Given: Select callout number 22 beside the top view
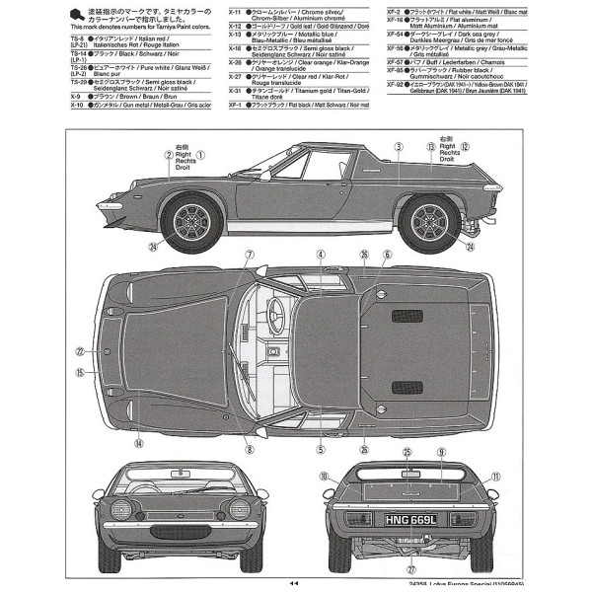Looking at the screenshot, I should pyautogui.click(x=80, y=350).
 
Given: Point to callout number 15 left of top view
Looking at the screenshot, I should pyautogui.click(x=80, y=373).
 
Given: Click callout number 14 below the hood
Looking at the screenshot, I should pyautogui.click(x=139, y=443).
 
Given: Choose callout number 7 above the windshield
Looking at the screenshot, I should pyautogui.click(x=250, y=255).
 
